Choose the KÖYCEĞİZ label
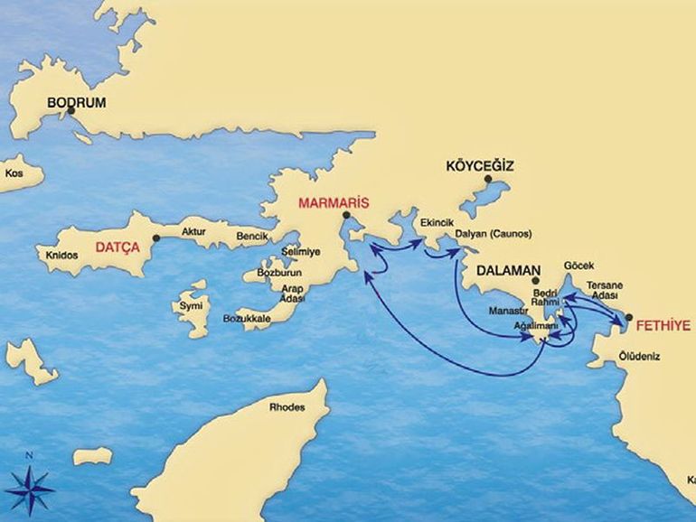480,166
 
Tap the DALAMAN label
508,270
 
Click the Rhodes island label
287,407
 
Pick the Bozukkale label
246,319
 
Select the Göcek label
578,266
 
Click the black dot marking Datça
155,238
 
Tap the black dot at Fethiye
628,318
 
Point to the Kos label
14,172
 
